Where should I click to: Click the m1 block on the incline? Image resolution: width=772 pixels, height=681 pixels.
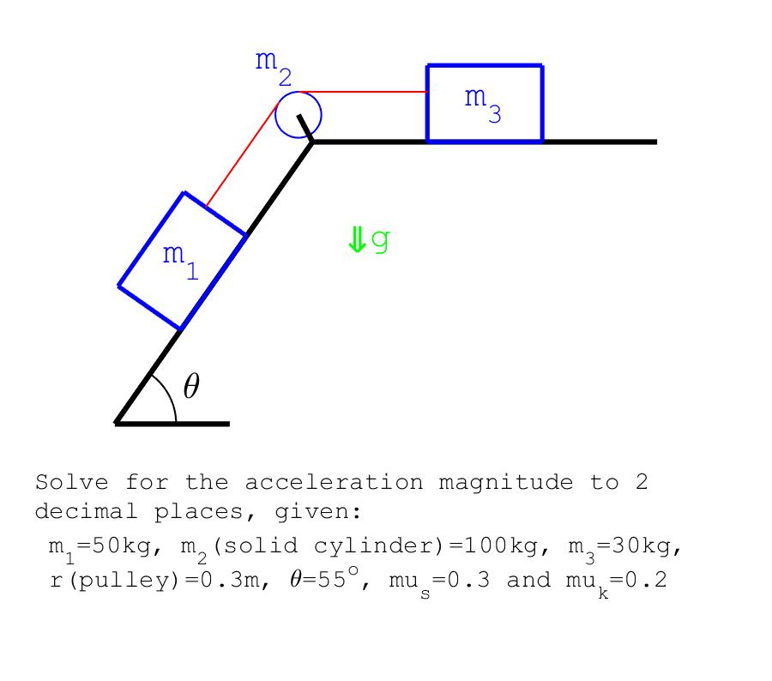click(x=182, y=260)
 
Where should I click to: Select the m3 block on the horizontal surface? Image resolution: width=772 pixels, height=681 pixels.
click(x=485, y=103)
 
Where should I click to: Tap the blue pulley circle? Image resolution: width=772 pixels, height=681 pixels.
click(x=299, y=114)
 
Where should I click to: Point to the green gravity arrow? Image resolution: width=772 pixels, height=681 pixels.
click(x=356, y=239)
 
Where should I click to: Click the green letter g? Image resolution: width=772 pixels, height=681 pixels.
click(x=380, y=240)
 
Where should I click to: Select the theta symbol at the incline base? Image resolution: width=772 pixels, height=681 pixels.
click(x=191, y=388)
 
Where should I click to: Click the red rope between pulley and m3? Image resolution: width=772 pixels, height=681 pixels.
click(x=365, y=92)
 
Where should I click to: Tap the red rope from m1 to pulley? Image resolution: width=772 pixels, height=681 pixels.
click(x=243, y=154)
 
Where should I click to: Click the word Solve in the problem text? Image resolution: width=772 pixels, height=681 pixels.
click(x=71, y=483)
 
